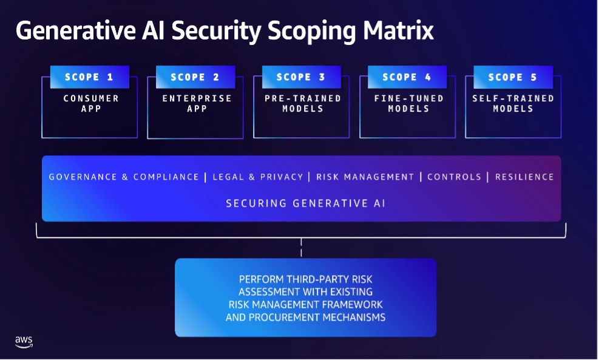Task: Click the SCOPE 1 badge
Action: click(x=89, y=77)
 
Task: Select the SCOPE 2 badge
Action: click(x=195, y=77)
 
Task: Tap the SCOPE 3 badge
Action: click(x=302, y=77)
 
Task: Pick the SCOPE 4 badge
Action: click(x=407, y=77)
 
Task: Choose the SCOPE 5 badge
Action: click(x=513, y=77)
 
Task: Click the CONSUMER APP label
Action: click(x=91, y=103)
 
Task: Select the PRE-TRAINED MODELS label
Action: click(x=302, y=103)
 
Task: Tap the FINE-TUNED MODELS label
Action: click(x=408, y=103)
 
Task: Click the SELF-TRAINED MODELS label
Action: click(x=513, y=103)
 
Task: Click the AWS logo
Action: click(x=24, y=342)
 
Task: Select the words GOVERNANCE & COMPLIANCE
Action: click(x=124, y=177)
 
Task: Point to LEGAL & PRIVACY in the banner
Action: click(x=258, y=177)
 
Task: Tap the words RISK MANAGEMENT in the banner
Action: click(x=365, y=177)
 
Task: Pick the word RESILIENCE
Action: click(x=524, y=177)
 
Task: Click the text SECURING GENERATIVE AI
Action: click(x=305, y=203)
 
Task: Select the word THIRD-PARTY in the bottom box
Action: click(x=327, y=279)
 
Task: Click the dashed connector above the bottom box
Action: click(x=301, y=248)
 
